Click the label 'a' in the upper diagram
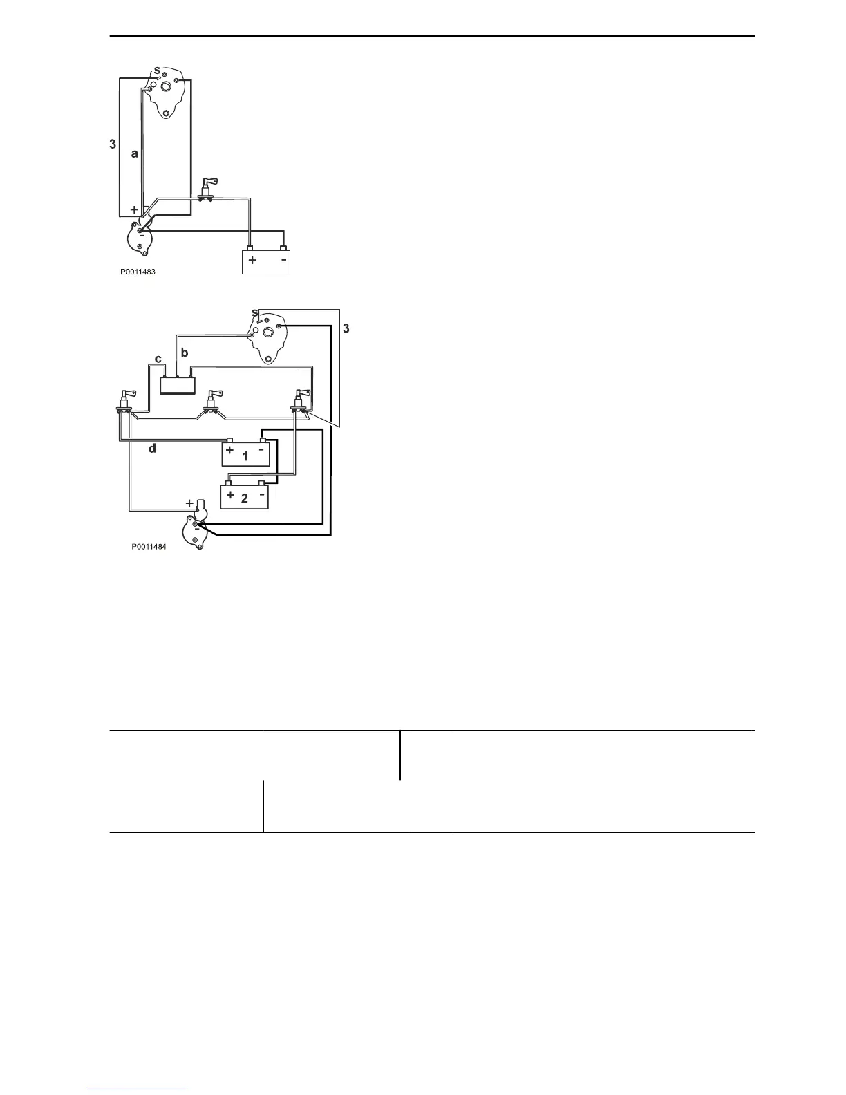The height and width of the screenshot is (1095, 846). [135, 155]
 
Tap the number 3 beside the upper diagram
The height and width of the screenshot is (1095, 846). [112, 145]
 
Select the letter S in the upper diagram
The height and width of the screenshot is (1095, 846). [157, 71]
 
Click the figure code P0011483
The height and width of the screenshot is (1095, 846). [138, 272]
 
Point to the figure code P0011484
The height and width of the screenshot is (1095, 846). [149, 545]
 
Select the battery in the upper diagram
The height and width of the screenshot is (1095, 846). [266, 261]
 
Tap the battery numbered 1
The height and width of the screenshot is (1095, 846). [245, 454]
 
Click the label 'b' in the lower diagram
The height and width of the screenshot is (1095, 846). [185, 353]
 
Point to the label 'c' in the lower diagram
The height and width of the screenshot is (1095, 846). [158, 359]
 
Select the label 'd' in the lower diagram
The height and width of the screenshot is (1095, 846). [153, 449]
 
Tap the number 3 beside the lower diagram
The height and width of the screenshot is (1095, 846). [346, 328]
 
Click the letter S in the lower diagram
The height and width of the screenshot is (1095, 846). [254, 313]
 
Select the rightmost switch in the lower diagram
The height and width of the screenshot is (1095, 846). [299, 402]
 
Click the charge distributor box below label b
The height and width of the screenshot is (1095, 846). [178, 384]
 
